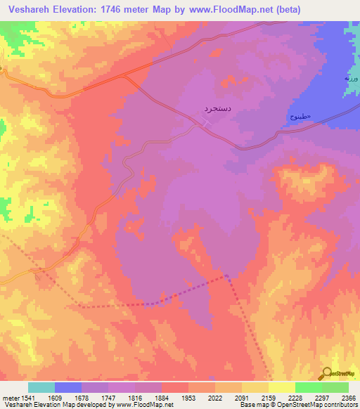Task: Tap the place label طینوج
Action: click(x=300, y=117)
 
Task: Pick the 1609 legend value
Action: click(x=65, y=398)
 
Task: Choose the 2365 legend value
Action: click(x=348, y=398)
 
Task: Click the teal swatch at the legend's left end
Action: click(x=41, y=387)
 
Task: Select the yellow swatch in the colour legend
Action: click(x=281, y=387)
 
